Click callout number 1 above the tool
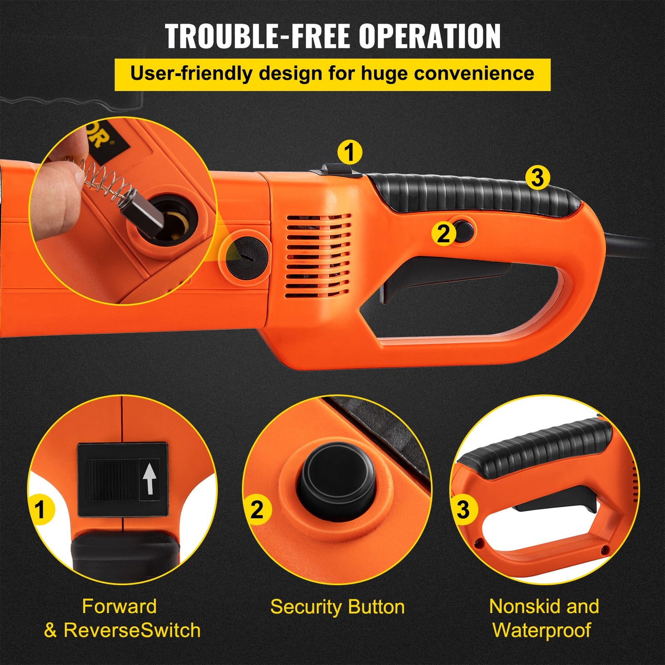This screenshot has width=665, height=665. click(x=350, y=152)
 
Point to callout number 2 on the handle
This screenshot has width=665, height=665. click(x=443, y=234)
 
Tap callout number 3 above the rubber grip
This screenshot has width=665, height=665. click(x=537, y=177)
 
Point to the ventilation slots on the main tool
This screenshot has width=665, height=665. click(x=318, y=255)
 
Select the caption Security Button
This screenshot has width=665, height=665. click(x=337, y=607)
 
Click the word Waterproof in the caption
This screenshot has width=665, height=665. click(x=542, y=630)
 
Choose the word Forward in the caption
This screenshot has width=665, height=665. click(x=119, y=606)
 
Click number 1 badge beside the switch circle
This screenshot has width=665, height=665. click(x=40, y=510)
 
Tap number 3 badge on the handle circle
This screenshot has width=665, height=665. click(x=463, y=509)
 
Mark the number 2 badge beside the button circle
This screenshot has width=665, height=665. click(x=257, y=510)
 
